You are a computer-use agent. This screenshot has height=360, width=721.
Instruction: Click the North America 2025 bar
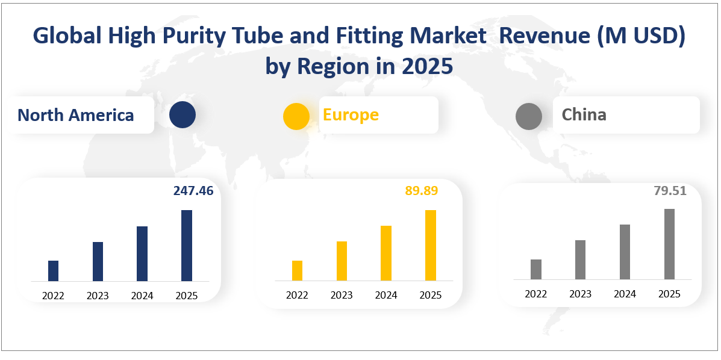pyautogui.click(x=187, y=246)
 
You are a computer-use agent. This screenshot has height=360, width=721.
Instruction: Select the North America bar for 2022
pyautogui.click(x=53, y=271)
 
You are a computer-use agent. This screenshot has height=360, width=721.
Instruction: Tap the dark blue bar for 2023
pyautogui.click(x=98, y=261)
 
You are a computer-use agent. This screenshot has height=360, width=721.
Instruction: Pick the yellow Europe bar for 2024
pyautogui.click(x=386, y=253)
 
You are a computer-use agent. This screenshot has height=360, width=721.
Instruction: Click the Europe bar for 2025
pyautogui.click(x=430, y=245)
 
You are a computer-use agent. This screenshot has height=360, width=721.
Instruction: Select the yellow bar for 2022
pyautogui.click(x=297, y=270)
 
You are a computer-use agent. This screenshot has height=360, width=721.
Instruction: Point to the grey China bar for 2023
pyautogui.click(x=580, y=259)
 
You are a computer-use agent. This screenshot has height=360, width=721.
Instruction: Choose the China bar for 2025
pyautogui.click(x=669, y=244)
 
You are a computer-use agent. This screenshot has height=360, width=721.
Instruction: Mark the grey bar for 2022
pyautogui.click(x=536, y=269)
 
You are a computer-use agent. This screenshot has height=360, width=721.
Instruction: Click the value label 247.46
pyautogui.click(x=193, y=191)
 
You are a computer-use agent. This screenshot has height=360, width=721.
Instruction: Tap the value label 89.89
pyautogui.click(x=421, y=191)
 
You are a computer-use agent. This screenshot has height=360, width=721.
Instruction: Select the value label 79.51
pyautogui.click(x=670, y=191)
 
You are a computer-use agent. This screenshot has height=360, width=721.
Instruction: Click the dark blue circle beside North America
pyautogui.click(x=183, y=115)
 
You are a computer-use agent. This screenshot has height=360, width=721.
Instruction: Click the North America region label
pyautogui.click(x=76, y=115)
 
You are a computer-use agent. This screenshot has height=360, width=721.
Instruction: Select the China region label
pyautogui.click(x=584, y=114)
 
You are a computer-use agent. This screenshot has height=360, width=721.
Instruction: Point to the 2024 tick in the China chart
pyautogui.click(x=625, y=294)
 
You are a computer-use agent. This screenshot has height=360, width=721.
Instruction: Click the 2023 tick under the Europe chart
pyautogui.click(x=342, y=295)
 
